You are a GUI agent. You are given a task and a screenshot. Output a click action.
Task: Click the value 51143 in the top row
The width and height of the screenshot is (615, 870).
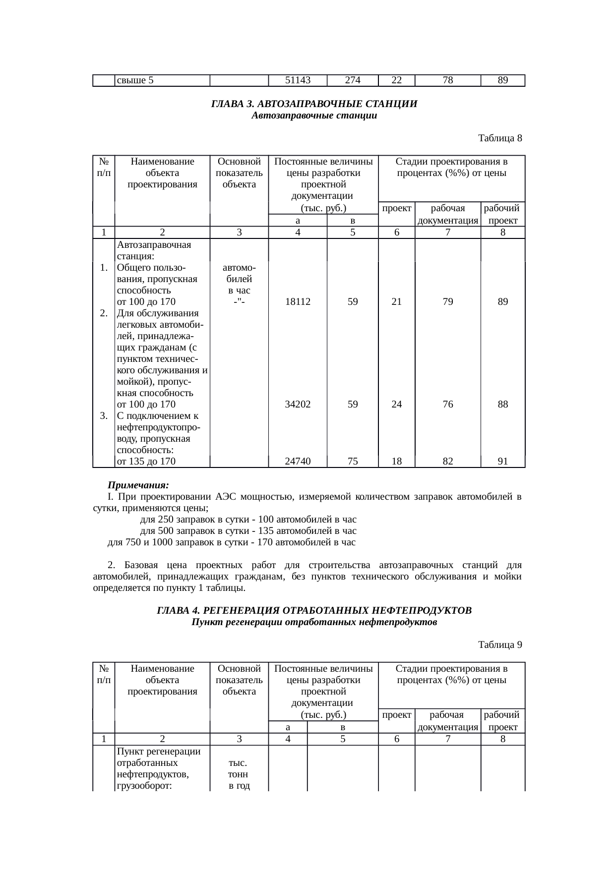298,80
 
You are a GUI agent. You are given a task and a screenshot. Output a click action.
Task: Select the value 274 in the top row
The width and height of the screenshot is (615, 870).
352,80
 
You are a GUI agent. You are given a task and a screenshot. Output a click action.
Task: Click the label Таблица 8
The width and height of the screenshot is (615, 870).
499,138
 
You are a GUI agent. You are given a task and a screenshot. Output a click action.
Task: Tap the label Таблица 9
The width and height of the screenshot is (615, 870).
499,645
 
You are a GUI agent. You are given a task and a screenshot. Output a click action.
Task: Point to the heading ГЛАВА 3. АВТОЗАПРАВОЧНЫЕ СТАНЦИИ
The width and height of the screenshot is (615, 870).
314,104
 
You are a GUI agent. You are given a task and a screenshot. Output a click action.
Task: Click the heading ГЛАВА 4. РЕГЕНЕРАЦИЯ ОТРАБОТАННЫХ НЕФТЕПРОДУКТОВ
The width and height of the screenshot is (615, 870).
314,610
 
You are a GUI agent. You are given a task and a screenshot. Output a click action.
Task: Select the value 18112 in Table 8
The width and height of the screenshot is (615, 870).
298,301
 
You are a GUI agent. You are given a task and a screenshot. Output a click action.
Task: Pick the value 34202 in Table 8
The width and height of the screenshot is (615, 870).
298,404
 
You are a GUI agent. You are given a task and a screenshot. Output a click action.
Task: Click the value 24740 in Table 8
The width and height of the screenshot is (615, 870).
298,462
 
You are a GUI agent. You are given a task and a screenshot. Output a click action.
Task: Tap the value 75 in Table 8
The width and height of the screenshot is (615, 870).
353,462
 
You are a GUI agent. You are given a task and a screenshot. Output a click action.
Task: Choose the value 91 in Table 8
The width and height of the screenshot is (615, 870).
503,462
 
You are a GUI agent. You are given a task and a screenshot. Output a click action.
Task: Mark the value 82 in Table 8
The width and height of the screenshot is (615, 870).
447,462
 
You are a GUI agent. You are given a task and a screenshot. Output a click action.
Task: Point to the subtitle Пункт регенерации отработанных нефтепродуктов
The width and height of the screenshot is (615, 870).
314,622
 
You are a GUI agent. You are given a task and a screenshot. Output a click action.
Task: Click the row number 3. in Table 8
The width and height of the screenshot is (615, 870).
104,415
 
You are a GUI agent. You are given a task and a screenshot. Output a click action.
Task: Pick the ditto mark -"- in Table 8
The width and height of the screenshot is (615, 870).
239,301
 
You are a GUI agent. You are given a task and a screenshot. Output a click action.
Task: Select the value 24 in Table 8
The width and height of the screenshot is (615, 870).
396,404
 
